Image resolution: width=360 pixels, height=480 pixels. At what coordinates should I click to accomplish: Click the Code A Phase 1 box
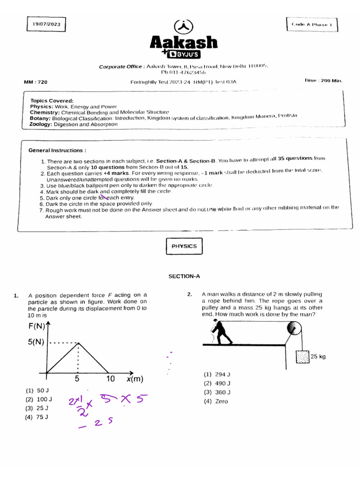point(312,24)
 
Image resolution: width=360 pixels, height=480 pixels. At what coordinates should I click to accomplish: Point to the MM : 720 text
point(36,82)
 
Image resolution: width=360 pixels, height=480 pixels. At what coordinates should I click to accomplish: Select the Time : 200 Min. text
point(323,81)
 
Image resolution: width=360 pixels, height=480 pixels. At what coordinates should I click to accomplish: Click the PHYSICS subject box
point(184,246)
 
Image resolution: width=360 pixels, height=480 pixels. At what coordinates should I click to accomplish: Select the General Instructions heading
point(57,150)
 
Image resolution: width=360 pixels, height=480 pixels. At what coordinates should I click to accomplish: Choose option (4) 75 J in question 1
point(37,417)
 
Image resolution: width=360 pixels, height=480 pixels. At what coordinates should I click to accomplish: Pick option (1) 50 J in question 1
point(37,390)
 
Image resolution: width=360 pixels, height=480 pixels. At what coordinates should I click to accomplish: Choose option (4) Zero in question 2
point(216,401)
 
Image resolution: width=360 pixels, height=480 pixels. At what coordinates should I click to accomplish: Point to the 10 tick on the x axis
point(111,379)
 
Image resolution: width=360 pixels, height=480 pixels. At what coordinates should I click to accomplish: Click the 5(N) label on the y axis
point(37,343)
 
